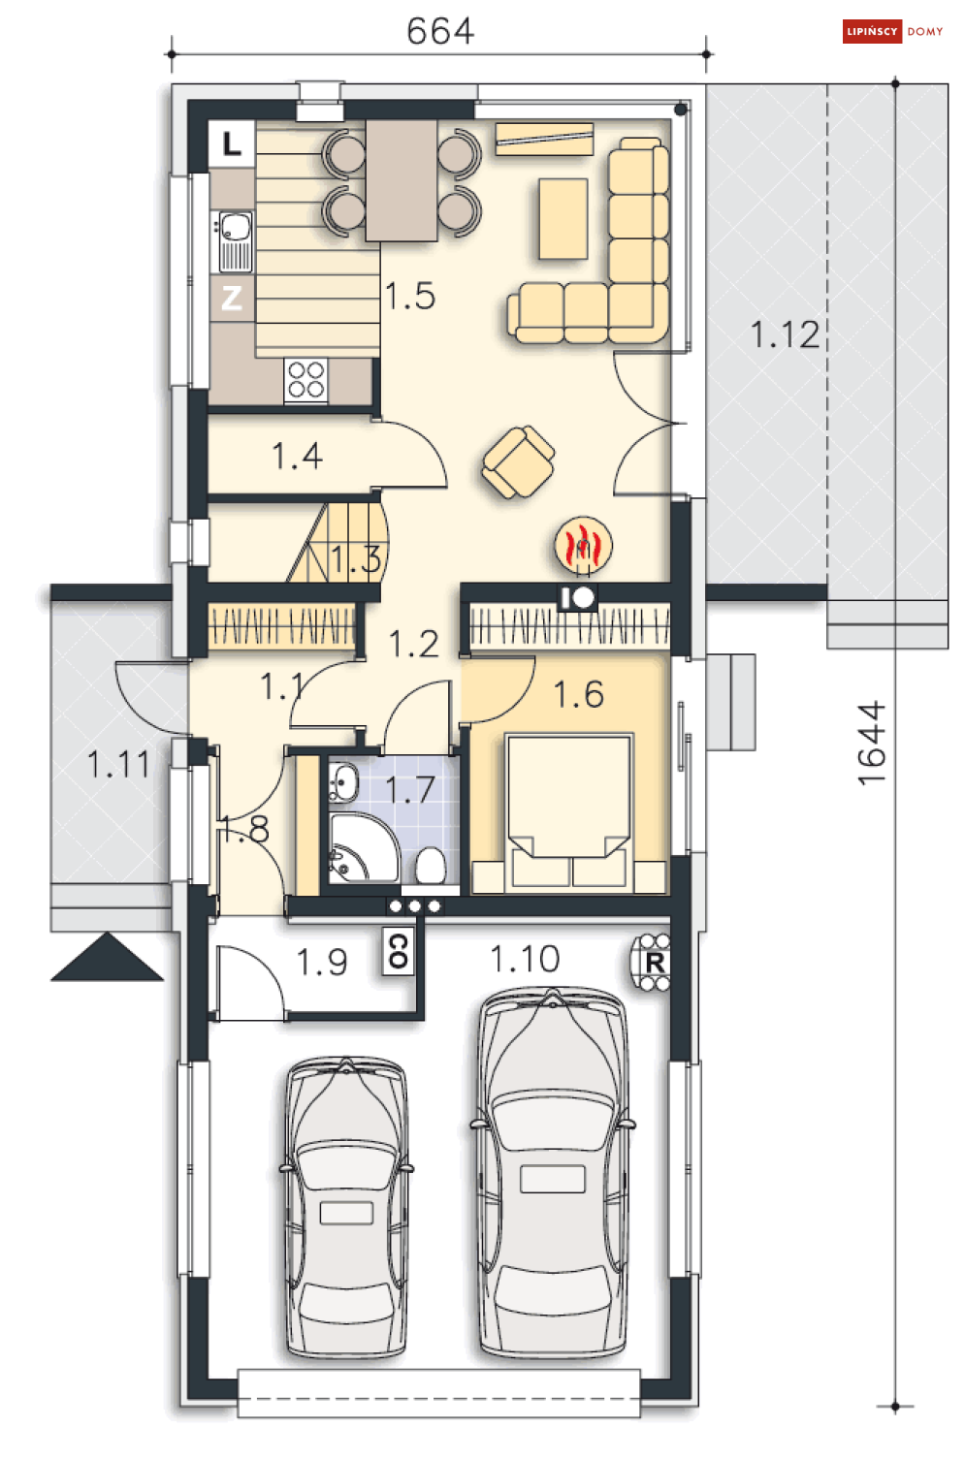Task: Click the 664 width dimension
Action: click(439, 31)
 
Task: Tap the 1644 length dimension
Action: click(872, 744)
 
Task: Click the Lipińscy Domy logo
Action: click(892, 31)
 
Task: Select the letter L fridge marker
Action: click(232, 143)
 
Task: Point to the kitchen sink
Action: click(235, 241)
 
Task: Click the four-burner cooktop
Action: click(306, 380)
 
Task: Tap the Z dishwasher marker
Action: click(232, 299)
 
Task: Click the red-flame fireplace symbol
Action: click(583, 545)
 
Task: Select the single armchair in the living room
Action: click(518, 461)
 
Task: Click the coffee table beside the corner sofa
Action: click(563, 219)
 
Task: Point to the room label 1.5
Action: click(410, 296)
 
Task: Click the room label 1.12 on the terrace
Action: click(785, 334)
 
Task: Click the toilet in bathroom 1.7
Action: click(430, 866)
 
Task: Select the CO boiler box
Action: click(398, 951)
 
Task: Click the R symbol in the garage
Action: click(653, 962)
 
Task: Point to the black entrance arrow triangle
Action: click(107, 957)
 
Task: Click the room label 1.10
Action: click(525, 959)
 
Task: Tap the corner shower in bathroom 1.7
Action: click(363, 847)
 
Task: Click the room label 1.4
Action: click(297, 456)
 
